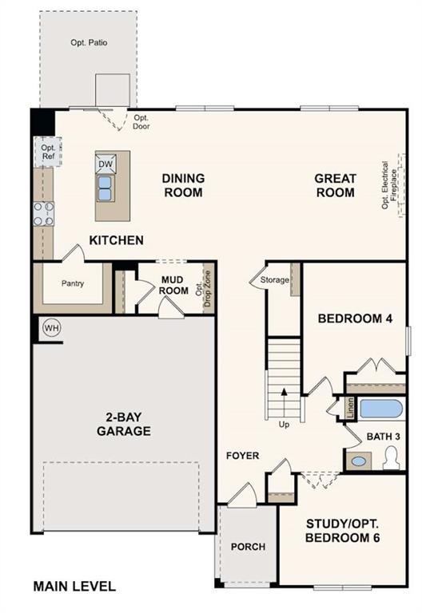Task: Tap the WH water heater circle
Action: [x=51, y=328]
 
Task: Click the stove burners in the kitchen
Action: [x=43, y=213]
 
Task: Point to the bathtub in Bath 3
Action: [x=380, y=409]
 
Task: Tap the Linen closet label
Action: [x=350, y=408]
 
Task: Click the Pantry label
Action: [x=73, y=283]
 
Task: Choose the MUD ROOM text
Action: [x=174, y=285]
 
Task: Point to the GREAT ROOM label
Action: [x=334, y=185]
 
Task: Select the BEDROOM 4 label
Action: [x=355, y=318]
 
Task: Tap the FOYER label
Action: [x=242, y=456]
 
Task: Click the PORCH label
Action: [x=248, y=547]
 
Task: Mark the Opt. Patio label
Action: [x=89, y=42]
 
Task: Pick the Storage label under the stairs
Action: [x=274, y=280]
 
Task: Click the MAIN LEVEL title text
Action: [x=74, y=587]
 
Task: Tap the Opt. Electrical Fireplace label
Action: [x=389, y=185]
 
